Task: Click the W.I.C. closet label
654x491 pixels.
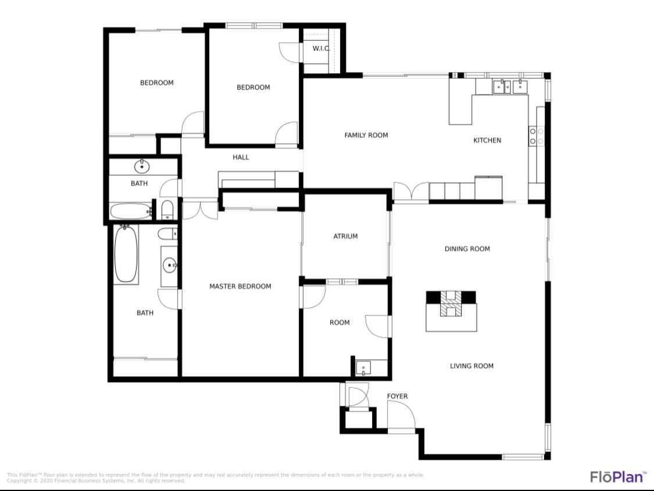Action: pyautogui.click(x=321, y=48)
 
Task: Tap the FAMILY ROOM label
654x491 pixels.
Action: pyautogui.click(x=366, y=136)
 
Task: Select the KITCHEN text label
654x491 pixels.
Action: pyautogui.click(x=487, y=140)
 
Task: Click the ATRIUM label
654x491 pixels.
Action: pyautogui.click(x=345, y=236)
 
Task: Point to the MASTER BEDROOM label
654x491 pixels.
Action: pyautogui.click(x=240, y=286)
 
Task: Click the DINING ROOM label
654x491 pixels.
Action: pyautogui.click(x=467, y=249)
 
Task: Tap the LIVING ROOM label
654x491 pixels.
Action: pyautogui.click(x=471, y=366)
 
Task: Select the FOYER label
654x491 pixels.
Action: pyautogui.click(x=397, y=397)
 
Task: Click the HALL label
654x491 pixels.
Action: pyautogui.click(x=241, y=157)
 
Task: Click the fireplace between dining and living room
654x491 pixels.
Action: pyautogui.click(x=451, y=305)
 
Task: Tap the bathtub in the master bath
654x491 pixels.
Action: pyautogui.click(x=126, y=255)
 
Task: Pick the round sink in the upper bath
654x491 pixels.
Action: pyautogui.click(x=142, y=167)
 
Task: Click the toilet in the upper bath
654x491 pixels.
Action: pyautogui.click(x=167, y=209)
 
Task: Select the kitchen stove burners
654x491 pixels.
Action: pyautogui.click(x=536, y=136)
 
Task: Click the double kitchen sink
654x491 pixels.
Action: pyautogui.click(x=510, y=87)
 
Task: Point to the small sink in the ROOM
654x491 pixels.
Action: pyautogui.click(x=363, y=368)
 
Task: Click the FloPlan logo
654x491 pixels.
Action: pyautogui.click(x=618, y=476)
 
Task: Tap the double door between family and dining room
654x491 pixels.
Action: pyautogui.click(x=412, y=192)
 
